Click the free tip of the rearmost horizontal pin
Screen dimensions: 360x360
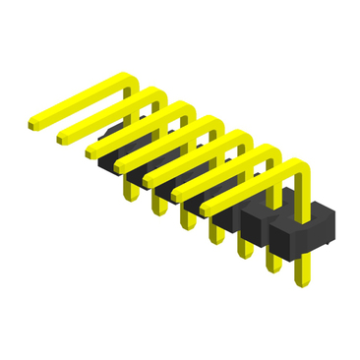(34, 124)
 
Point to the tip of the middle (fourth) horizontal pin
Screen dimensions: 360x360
(121, 163)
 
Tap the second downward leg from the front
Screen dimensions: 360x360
(271, 266)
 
